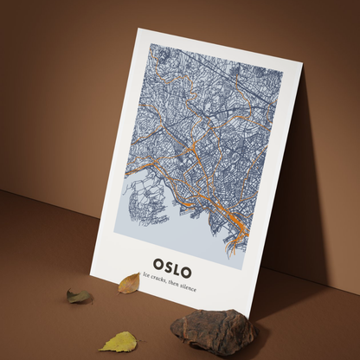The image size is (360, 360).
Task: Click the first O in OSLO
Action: click(x=158, y=262)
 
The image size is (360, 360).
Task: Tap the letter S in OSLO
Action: click(x=171, y=263)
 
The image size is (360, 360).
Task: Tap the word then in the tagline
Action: click(x=177, y=283)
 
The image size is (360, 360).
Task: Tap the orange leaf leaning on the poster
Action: click(x=129, y=282)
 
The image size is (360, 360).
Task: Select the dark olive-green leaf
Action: click(x=79, y=296)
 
